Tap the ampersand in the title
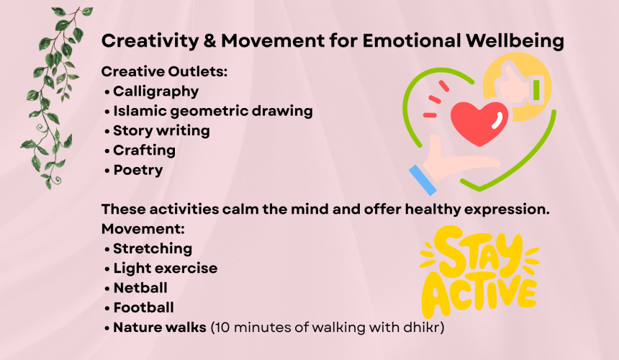pyautogui.click(x=210, y=40)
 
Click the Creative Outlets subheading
pyautogui.click(x=164, y=71)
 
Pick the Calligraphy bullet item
pyautogui.click(x=156, y=92)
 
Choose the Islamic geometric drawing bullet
pyautogui.click(x=213, y=112)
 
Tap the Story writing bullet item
pyautogui.click(x=161, y=131)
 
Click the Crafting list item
pyautogui.click(x=145, y=150)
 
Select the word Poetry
pyautogui.click(x=138, y=171)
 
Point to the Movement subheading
pyautogui.click(x=143, y=229)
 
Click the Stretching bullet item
pyautogui.click(x=153, y=249)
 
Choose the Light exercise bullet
pyautogui.click(x=166, y=269)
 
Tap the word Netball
pyautogui.click(x=140, y=288)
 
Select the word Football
pyautogui.click(x=144, y=308)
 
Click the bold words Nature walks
pyautogui.click(x=160, y=328)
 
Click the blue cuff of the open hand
pyautogui.click(x=423, y=180)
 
